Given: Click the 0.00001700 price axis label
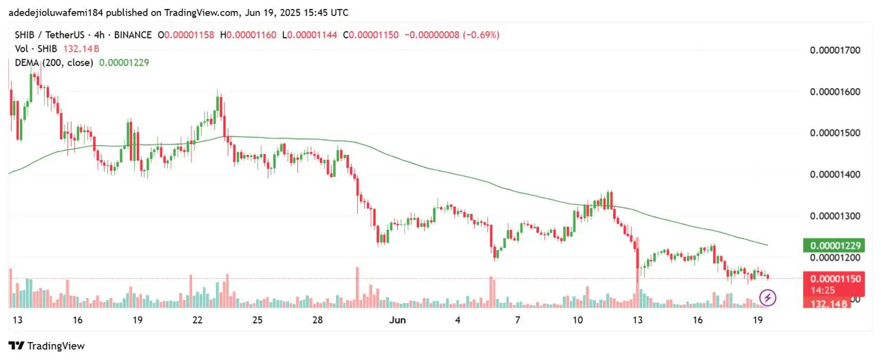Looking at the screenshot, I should [835, 50].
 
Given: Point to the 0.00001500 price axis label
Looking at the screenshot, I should [835, 133].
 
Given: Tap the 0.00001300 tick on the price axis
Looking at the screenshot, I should [835, 215].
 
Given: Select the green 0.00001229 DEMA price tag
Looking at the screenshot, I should [833, 246].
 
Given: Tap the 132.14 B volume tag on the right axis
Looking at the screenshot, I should [827, 303].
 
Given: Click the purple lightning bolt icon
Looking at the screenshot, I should [767, 298].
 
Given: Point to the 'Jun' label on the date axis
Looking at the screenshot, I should [398, 320].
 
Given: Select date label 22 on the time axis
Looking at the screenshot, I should [198, 320].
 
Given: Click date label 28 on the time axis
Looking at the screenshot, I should [318, 320].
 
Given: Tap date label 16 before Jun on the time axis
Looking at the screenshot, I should [77, 320].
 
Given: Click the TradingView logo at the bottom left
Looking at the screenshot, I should [46, 346].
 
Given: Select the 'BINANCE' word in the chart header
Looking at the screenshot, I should [131, 34].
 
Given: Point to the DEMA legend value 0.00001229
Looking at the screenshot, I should [124, 62].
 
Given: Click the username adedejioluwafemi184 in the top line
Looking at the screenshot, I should [56, 12].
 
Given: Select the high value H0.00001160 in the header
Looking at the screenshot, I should [248, 34].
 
